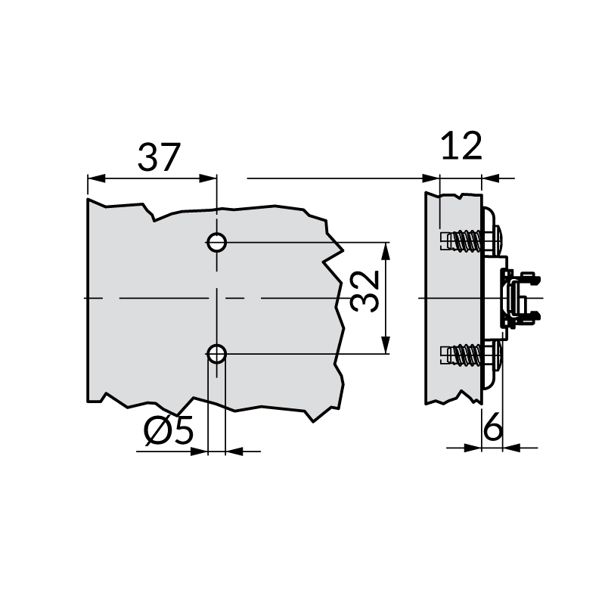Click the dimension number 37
point(160,157)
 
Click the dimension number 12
point(461,145)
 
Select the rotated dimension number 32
point(366,292)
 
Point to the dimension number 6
point(492,429)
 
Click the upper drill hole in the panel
point(216,243)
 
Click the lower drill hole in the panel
point(216,353)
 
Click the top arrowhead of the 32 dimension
point(386,252)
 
